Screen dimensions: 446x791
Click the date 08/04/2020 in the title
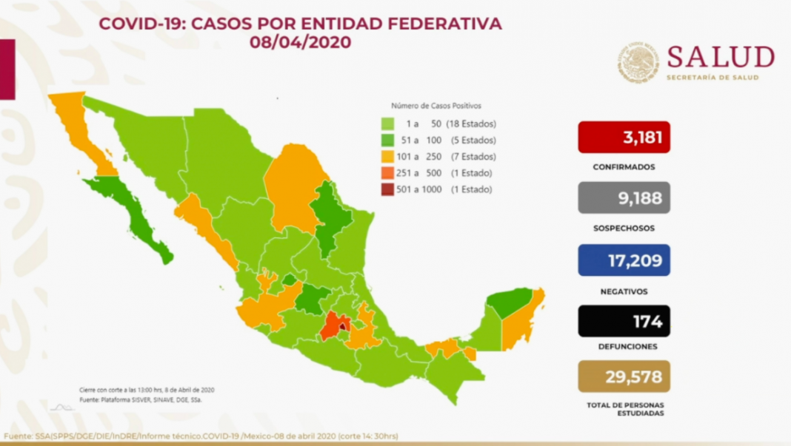tap(300, 43)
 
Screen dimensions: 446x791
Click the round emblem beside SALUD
tap(638, 62)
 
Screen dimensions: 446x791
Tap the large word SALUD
tap(720, 57)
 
